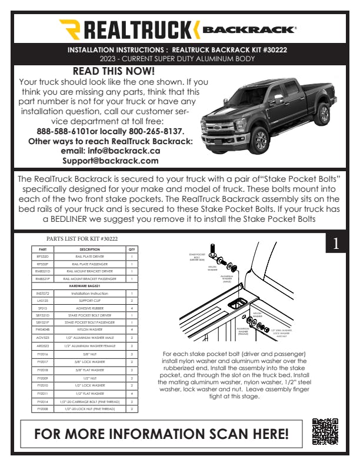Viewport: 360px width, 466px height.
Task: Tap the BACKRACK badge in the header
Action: point(248,28)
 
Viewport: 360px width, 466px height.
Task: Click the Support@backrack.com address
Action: point(111,160)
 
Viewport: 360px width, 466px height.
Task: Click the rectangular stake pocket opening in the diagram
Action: point(239,303)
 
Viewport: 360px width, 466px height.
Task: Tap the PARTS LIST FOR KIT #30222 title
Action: point(82,239)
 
